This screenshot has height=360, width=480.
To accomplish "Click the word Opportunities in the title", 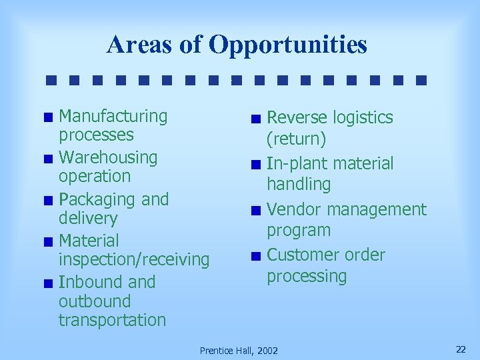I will click(287, 45).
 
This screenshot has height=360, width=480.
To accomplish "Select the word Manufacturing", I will click(113, 116).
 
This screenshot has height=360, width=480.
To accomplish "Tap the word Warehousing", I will click(108, 157).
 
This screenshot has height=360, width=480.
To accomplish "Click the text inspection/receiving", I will click(134, 260).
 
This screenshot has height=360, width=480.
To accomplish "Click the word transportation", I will click(112, 320).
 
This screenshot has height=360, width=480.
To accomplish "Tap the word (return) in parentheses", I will click(297, 139).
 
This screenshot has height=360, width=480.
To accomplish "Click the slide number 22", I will click(460, 349).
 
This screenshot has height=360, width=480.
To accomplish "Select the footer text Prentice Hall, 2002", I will click(239, 350).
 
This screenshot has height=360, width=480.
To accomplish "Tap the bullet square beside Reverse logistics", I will click(256, 120).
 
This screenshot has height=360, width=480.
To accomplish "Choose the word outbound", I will click(95, 301).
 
